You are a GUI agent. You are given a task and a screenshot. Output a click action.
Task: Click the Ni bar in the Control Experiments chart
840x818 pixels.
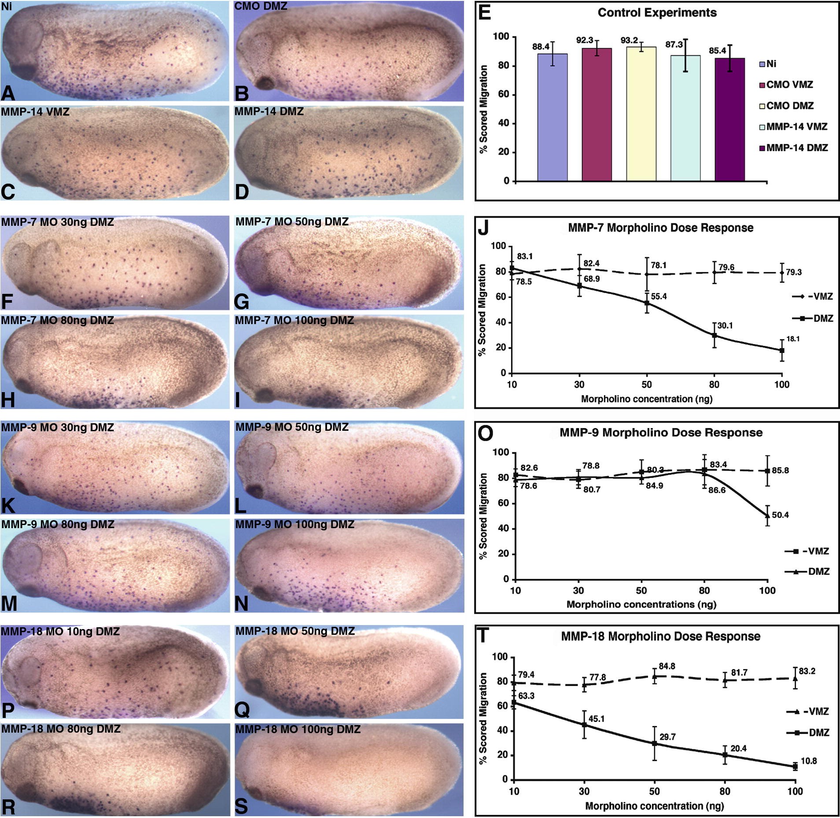click(x=552, y=117)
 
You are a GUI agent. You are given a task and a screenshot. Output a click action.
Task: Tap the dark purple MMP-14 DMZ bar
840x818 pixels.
click(x=729, y=119)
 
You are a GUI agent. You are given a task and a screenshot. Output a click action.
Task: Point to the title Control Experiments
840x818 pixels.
click(x=657, y=13)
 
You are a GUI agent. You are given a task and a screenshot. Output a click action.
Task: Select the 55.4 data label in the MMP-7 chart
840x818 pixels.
click(x=659, y=296)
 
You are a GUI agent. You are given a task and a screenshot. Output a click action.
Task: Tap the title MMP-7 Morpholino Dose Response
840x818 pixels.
click(x=660, y=228)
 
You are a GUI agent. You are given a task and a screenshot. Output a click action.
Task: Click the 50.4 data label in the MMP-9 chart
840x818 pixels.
click(x=780, y=514)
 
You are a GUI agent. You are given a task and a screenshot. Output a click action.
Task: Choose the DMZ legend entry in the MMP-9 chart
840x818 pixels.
click(x=807, y=571)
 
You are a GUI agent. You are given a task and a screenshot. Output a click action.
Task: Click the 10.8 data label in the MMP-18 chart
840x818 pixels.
click(x=809, y=761)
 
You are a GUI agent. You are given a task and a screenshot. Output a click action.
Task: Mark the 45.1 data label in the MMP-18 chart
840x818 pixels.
click(x=597, y=719)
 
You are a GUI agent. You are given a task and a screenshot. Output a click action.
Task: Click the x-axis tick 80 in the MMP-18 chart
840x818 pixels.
click(x=725, y=792)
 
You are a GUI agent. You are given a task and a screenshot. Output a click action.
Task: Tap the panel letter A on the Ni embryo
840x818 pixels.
click(x=8, y=93)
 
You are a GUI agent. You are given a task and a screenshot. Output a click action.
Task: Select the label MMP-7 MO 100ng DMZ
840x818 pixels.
click(x=294, y=320)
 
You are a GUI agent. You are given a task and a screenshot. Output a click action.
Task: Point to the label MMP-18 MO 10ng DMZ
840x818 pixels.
click(x=60, y=632)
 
